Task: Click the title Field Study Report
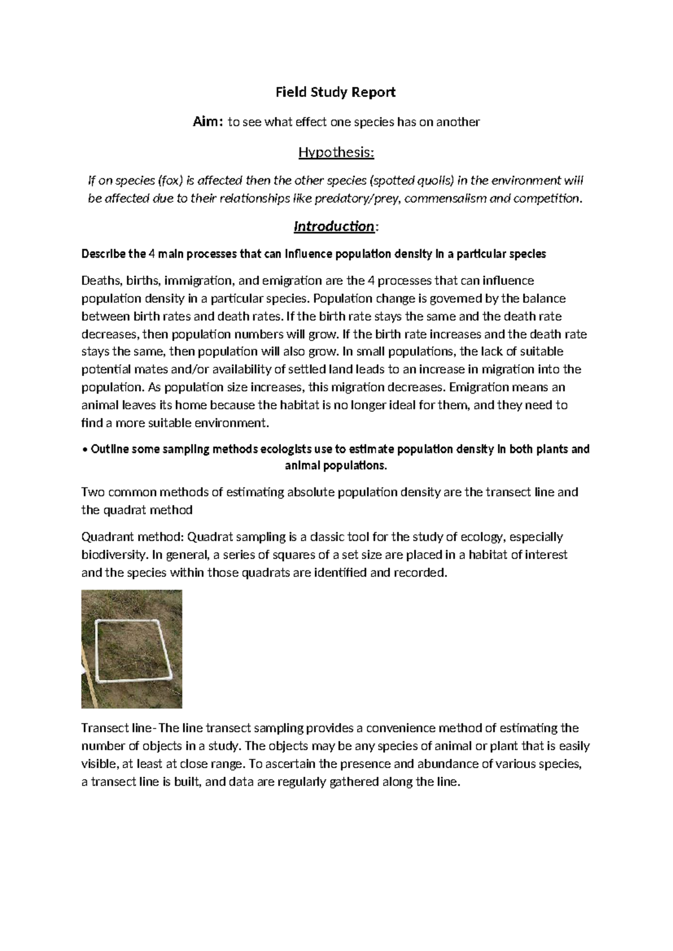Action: pyautogui.click(x=335, y=92)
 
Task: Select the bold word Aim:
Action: pyautogui.click(x=208, y=122)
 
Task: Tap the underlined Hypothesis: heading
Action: pyautogui.click(x=335, y=152)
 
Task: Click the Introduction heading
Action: pyautogui.click(x=334, y=226)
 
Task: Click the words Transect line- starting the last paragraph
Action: pyautogui.click(x=118, y=728)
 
